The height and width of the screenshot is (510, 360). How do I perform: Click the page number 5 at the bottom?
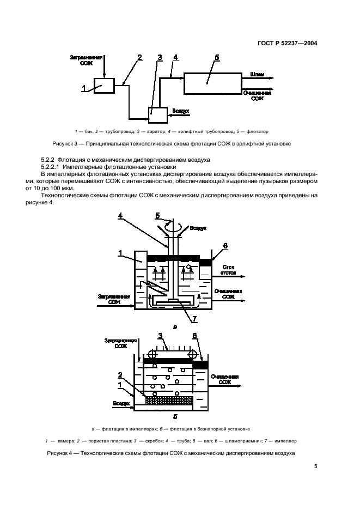tap(316, 466)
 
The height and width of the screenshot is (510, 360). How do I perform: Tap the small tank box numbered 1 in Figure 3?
tap(104, 86)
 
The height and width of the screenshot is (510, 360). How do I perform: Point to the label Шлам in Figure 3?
tap(257, 73)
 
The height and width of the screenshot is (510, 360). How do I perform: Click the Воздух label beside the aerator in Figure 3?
tap(181, 111)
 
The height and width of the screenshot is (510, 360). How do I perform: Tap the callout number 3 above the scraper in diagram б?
tap(160, 336)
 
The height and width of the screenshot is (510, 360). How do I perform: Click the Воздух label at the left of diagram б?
tap(121, 404)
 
